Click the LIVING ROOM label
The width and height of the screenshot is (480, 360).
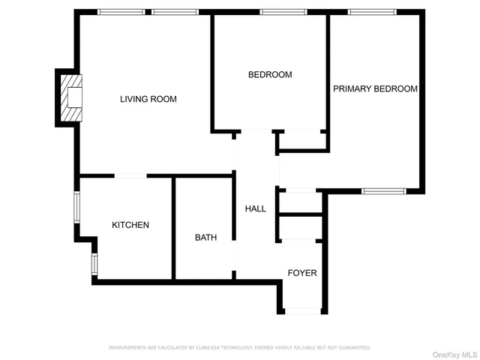148,99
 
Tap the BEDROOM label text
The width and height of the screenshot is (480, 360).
270,75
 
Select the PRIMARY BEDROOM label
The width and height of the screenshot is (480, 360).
375,88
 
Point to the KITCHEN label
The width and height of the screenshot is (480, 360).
130,225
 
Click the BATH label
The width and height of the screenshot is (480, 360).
206,238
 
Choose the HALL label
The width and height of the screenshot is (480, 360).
256,208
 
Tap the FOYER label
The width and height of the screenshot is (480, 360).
302,273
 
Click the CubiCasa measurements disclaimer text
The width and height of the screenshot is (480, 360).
240,347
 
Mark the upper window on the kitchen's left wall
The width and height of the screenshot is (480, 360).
76,206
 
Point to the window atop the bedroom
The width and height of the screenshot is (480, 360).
283,12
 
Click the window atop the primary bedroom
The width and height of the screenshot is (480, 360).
373,12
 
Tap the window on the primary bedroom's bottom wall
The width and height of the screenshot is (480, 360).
383,191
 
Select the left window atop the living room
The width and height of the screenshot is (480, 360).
121,12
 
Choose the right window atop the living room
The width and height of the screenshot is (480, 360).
175,12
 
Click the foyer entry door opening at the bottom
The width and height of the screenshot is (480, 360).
304,309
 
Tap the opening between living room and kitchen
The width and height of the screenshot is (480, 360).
130,176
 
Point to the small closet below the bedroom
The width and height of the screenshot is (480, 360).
301,140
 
